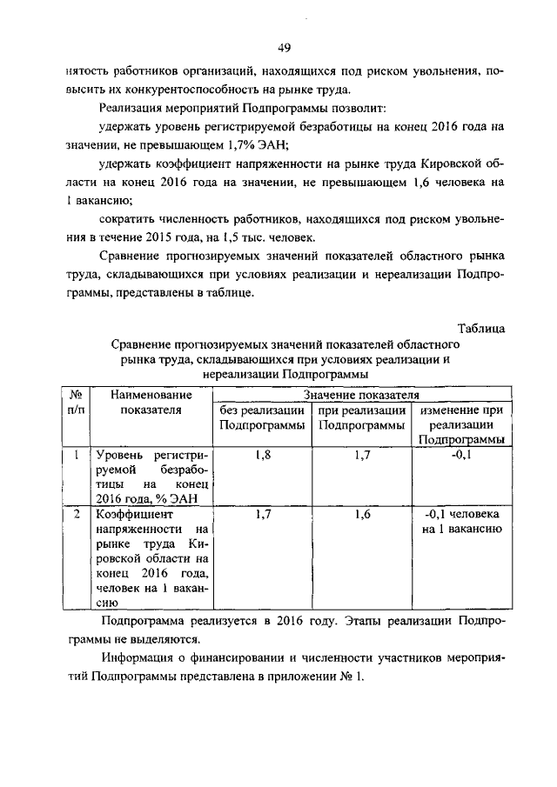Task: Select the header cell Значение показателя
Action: (359, 395)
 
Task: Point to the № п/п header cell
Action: (76, 403)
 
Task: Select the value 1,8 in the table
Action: (262, 455)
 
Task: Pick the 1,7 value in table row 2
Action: (262, 515)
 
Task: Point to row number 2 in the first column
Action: (76, 515)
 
